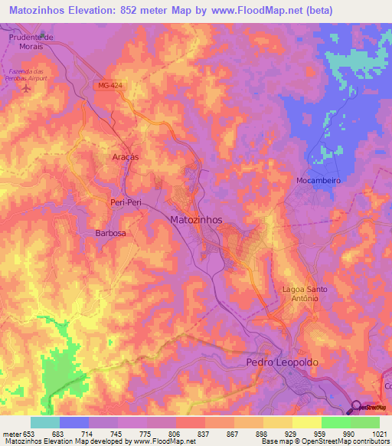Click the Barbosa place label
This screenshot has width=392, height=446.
click(x=110, y=233)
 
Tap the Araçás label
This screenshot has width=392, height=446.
click(x=125, y=156)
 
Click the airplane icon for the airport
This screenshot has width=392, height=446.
click(x=28, y=87)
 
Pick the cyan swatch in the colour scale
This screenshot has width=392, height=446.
click(x=45, y=422)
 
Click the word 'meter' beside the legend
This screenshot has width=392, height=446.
click(x=11, y=434)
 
